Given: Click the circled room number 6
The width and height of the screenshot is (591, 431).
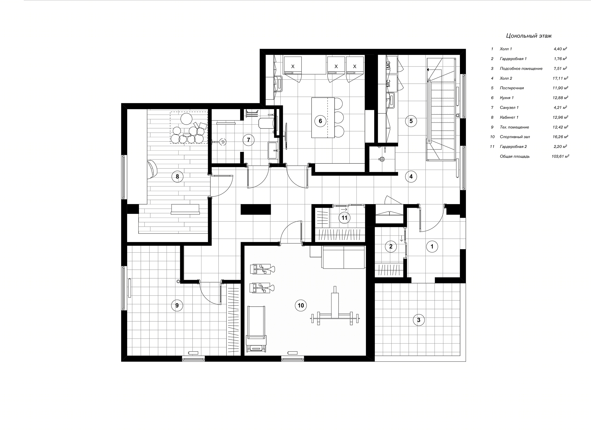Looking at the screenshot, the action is tap(320, 121).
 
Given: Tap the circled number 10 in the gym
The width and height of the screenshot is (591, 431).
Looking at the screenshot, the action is tap(300, 305).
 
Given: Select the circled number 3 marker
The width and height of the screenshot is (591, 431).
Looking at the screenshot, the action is tap(419, 320).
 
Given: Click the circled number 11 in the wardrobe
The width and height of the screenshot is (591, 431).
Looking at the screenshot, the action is tap(344, 218).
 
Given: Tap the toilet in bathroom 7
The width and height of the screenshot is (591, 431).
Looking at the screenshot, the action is tap(267, 123).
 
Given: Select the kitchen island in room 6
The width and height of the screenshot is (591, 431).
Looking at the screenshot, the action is tap(323, 118).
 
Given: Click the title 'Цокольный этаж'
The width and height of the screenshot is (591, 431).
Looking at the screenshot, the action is tap(529, 36).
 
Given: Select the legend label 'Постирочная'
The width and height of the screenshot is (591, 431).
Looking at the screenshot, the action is tap(512, 88).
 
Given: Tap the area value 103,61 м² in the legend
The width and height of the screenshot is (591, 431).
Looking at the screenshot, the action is tap(560, 157).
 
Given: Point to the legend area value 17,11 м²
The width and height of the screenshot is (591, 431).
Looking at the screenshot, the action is tap(560, 78).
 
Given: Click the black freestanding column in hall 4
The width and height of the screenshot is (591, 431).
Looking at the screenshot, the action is tap(256, 210).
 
